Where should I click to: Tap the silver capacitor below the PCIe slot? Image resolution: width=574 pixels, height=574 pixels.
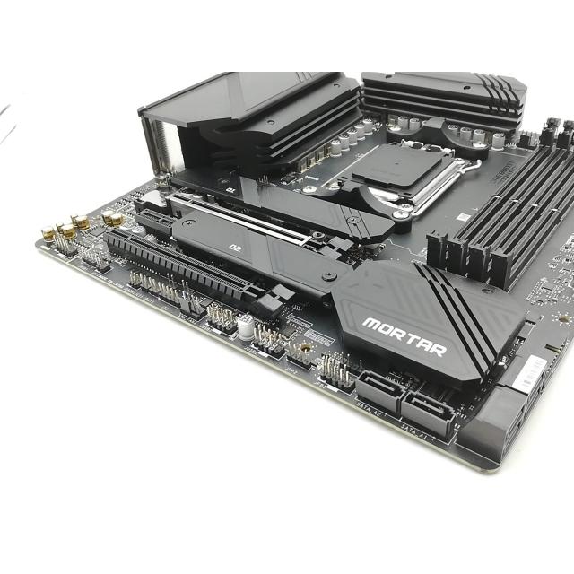click(245, 326)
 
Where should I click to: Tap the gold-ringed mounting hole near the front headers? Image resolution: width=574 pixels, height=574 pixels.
click(305, 344)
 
